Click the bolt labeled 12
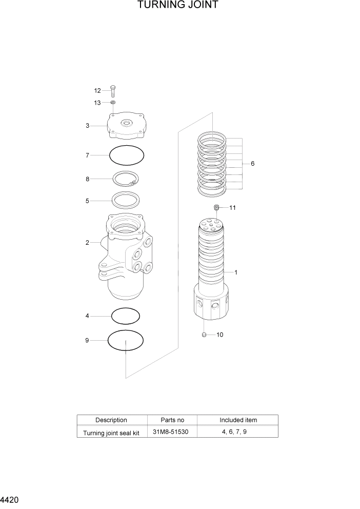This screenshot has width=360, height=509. click(x=113, y=91)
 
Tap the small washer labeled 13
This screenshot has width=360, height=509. click(x=113, y=103)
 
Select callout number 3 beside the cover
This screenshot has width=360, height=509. click(x=88, y=125)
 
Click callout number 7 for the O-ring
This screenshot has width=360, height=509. click(x=88, y=154)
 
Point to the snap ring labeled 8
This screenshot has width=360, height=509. click(x=126, y=179)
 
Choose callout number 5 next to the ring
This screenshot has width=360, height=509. click(x=88, y=201)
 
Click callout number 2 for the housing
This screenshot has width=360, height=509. click(x=88, y=242)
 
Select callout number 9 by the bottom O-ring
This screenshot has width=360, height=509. click(x=88, y=340)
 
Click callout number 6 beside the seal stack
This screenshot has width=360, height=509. click(x=252, y=164)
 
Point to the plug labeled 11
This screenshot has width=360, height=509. click(x=217, y=207)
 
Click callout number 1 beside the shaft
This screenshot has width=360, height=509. click(x=235, y=272)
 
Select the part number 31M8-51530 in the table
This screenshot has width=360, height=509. click(x=171, y=432)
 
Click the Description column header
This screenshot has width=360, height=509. click(x=111, y=420)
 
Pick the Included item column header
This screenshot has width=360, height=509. click(x=238, y=420)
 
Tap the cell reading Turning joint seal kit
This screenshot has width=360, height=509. click(x=111, y=433)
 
